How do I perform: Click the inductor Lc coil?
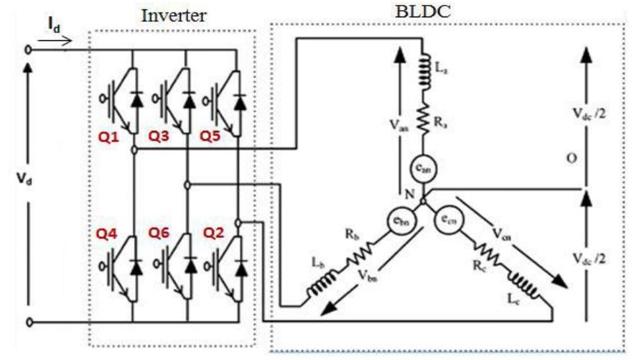[x=523, y=285]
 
